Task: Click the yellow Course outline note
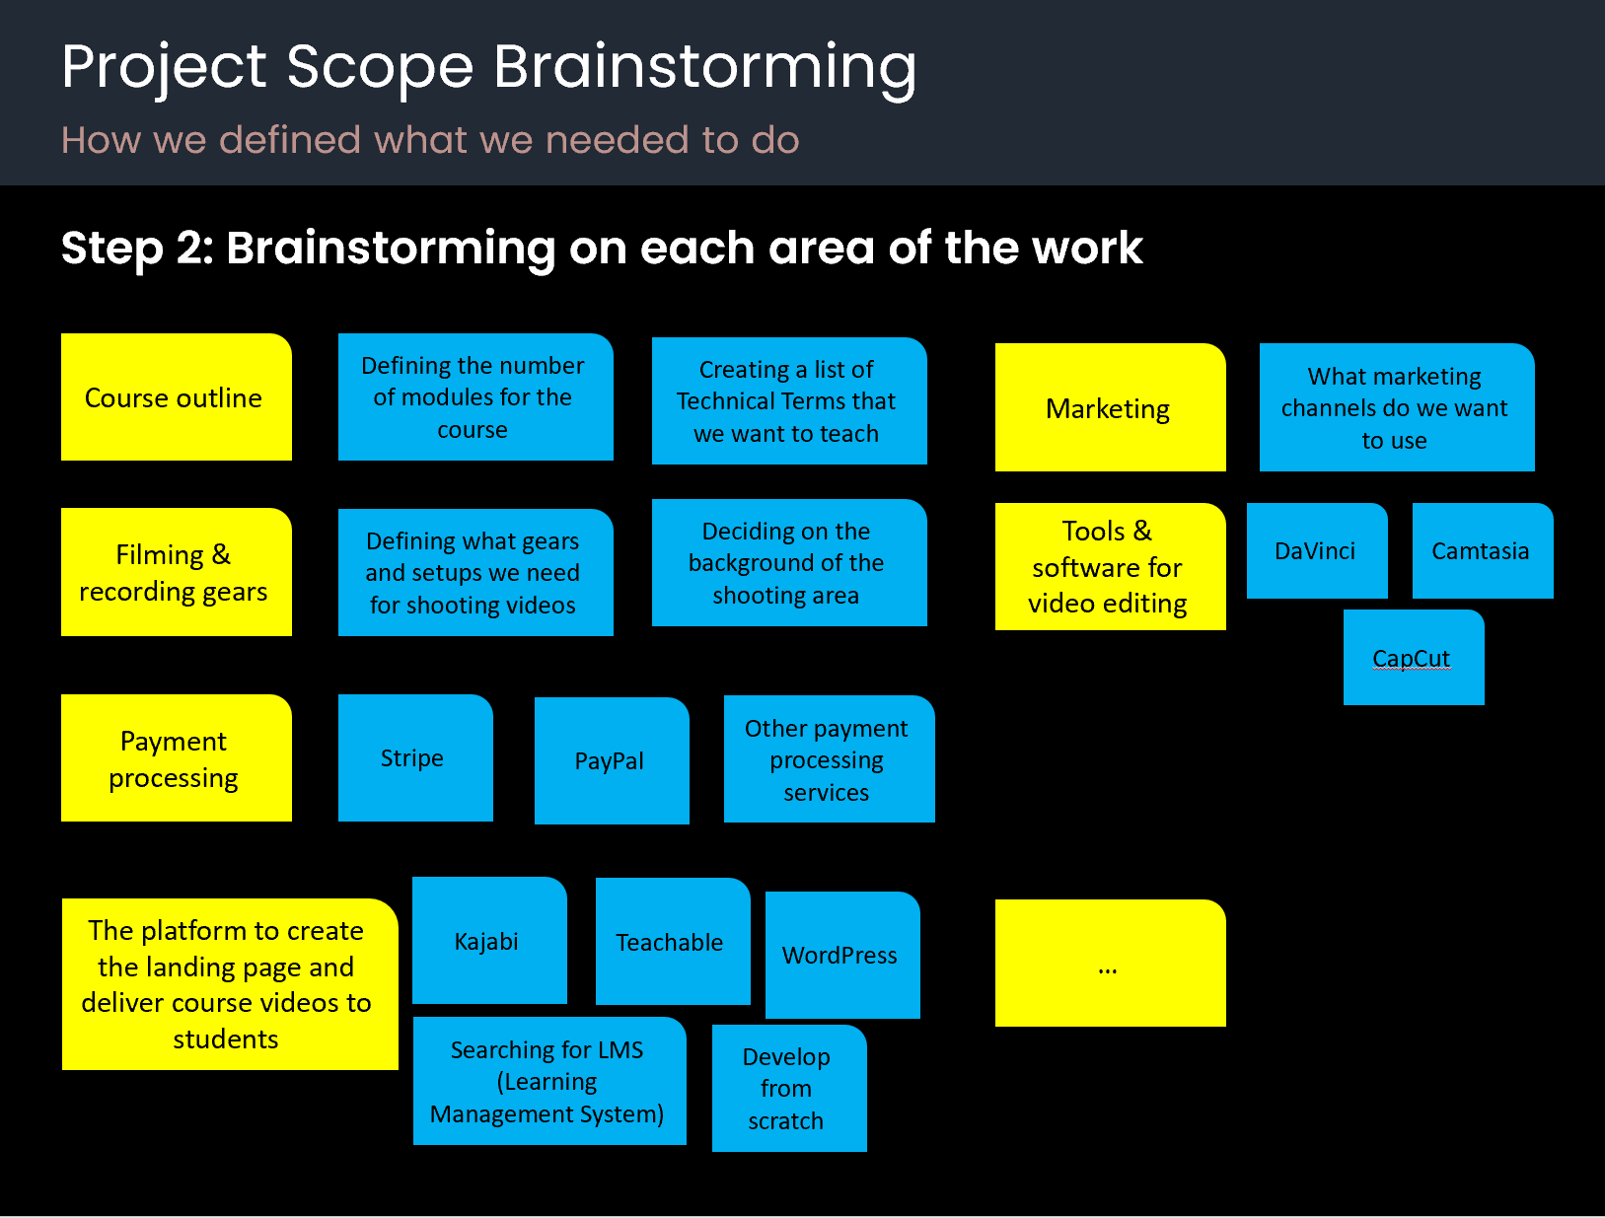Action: (176, 397)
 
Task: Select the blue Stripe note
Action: (414, 757)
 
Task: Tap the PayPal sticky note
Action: (611, 760)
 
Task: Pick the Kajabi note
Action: (488, 941)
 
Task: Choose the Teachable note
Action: (672, 942)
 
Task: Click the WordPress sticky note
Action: (841, 955)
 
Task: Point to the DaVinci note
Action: (1316, 550)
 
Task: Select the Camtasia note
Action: (1482, 550)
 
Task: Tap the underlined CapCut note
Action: (1413, 658)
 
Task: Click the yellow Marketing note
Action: (1110, 407)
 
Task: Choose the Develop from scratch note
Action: (788, 1088)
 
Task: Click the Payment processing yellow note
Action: (176, 758)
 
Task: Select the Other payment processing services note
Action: (829, 759)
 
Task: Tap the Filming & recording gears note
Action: (176, 572)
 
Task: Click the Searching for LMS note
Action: (548, 1081)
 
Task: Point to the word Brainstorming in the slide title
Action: (704, 67)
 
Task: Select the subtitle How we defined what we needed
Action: (430, 140)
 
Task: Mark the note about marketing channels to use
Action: (1396, 407)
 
